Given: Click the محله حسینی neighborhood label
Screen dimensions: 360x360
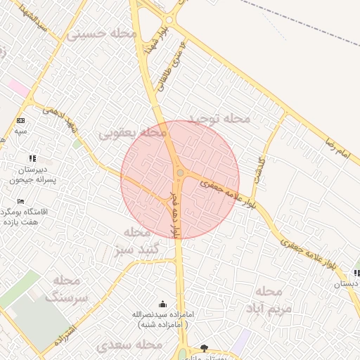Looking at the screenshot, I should click(x=96, y=33).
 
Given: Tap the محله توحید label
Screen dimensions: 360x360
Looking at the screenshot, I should click(x=220, y=119).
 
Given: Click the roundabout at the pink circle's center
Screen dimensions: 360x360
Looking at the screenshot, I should click(x=180, y=173).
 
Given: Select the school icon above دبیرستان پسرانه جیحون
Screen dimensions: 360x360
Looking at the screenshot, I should click(x=32, y=159).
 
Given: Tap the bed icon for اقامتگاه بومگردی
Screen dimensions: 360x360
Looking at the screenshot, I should click(x=20, y=202).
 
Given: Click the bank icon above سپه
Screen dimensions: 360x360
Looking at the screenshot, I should click(x=20, y=121).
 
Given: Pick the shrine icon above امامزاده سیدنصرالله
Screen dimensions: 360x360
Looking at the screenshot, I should click(x=163, y=304).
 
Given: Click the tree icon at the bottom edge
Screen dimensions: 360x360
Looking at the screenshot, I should click(x=205, y=348).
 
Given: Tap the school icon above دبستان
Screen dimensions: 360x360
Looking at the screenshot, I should click(x=357, y=273).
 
